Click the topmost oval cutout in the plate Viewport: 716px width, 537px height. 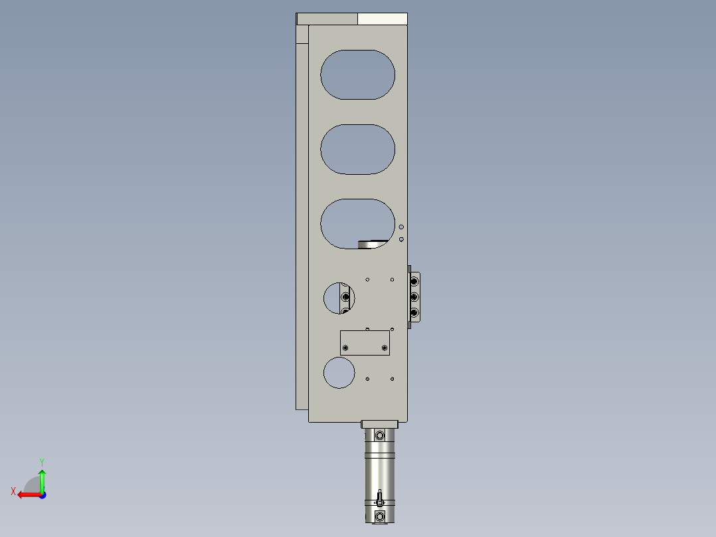tap(357, 74)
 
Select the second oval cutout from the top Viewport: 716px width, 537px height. tap(357, 150)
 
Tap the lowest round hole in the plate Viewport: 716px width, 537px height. tap(339, 372)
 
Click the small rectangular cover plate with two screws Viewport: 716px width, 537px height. tap(365, 343)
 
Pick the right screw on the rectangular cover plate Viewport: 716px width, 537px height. tap(385, 347)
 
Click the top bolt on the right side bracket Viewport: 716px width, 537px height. tap(414, 282)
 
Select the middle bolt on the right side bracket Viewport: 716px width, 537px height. tap(414, 297)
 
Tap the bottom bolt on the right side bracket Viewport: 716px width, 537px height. tap(414, 312)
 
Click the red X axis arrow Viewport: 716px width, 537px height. tap(27, 494)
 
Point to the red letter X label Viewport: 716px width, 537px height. tap(13, 491)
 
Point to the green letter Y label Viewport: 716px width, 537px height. tap(42, 461)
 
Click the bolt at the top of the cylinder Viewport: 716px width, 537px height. tap(379, 435)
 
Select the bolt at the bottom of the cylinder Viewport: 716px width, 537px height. tap(379, 516)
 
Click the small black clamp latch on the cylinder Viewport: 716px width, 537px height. tap(379, 498)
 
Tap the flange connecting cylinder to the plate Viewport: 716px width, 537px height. tap(379, 424)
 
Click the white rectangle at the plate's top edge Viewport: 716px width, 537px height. tap(382, 19)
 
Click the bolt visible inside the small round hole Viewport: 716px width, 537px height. tap(345, 296)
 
